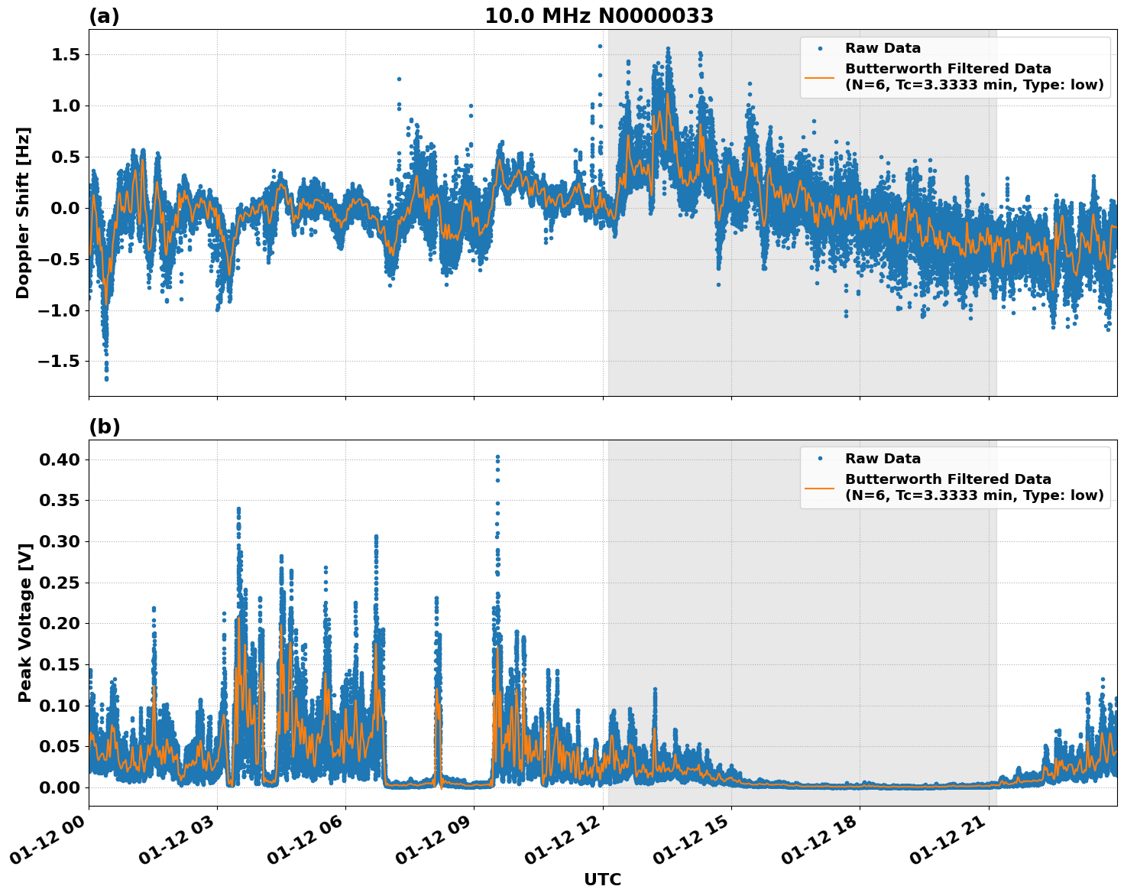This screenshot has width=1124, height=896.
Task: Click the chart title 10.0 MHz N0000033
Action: click(x=599, y=16)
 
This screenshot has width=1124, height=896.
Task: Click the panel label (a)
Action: click(x=105, y=16)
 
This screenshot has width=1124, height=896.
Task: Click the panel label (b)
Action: click(x=105, y=427)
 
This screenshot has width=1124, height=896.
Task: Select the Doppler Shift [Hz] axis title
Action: click(x=23, y=213)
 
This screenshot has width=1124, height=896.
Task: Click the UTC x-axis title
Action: click(x=602, y=879)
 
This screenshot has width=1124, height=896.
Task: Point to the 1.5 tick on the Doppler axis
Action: click(x=66, y=55)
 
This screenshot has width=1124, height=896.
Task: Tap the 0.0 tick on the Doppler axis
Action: click(x=66, y=208)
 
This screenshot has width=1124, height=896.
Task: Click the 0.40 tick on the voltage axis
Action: click(x=60, y=459)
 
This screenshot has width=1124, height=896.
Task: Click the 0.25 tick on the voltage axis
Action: click(x=60, y=583)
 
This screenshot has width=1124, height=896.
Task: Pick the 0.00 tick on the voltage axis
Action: click(x=60, y=787)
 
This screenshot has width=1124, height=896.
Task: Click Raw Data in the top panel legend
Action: click(x=883, y=48)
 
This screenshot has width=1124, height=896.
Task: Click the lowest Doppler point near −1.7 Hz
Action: click(x=106, y=378)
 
